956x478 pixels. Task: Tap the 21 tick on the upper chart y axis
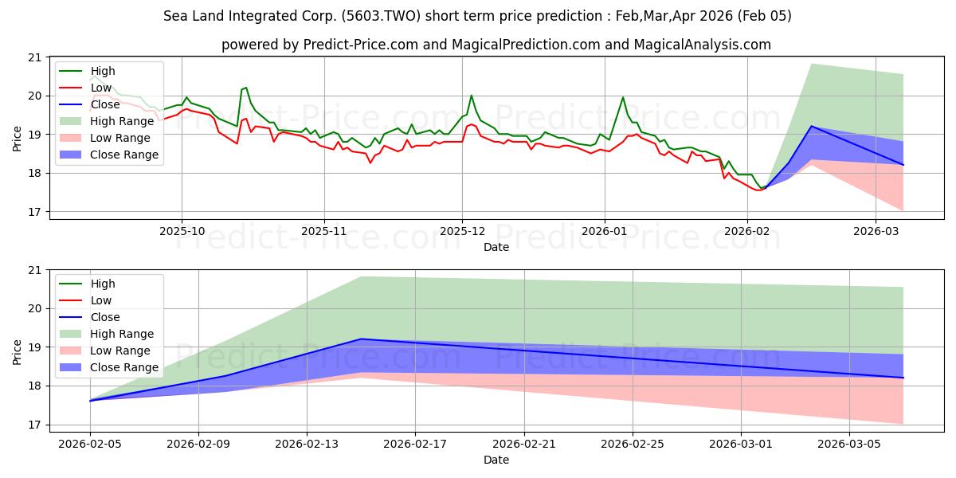tap(34, 57)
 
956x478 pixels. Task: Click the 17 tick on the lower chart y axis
tap(34, 425)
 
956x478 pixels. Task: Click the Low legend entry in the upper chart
tap(101, 88)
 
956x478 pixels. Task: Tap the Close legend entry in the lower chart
tap(104, 317)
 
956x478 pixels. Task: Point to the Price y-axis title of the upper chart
tap(18, 138)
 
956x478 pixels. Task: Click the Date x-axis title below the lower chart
tap(496, 460)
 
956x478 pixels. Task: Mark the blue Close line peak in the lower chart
tap(361, 339)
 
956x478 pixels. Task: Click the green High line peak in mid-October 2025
tap(246, 88)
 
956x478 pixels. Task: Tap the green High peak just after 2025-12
tap(471, 96)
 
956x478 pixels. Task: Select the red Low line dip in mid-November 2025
tap(370, 163)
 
